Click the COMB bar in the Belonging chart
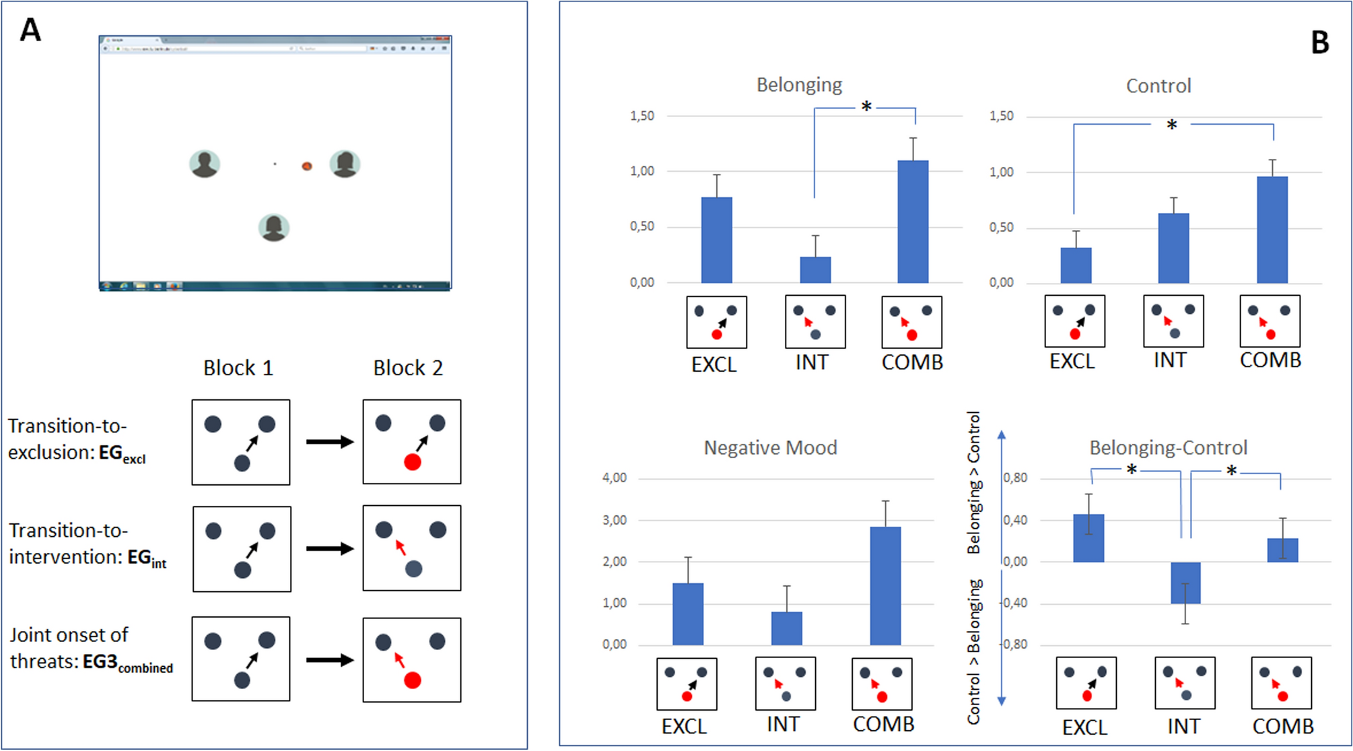coord(913,222)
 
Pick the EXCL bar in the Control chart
coord(1076,265)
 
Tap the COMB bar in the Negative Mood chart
coord(885,586)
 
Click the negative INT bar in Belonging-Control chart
coord(1185,583)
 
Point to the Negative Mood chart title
coord(770,448)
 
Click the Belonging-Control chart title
coord(1168,448)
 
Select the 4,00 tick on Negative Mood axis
coord(614,478)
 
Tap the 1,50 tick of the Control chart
coord(1001,117)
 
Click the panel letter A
coord(30,30)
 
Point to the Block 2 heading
coord(408,368)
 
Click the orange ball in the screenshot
coord(307,166)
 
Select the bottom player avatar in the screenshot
coord(274,228)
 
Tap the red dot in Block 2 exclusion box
coord(412,462)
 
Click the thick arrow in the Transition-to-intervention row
coord(329,549)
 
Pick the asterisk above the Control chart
coord(1172,125)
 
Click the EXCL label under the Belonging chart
coord(714,364)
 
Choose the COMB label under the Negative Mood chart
coord(883,724)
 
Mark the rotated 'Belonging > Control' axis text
coord(973,483)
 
